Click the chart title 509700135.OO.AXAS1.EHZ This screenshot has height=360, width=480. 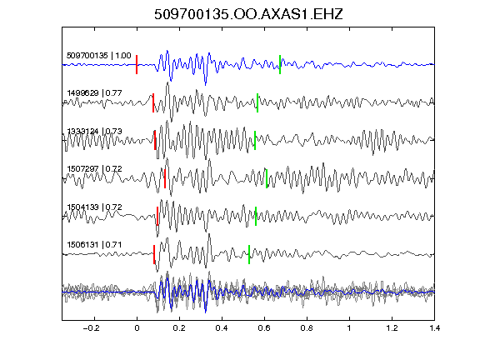pyautogui.click(x=248, y=14)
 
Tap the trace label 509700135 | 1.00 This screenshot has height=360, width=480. pyautogui.click(x=99, y=56)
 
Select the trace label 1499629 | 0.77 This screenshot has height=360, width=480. pyautogui.click(x=95, y=93)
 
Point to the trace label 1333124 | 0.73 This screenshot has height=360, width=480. pyautogui.click(x=95, y=132)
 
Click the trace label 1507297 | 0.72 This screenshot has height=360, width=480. pyautogui.click(x=95, y=169)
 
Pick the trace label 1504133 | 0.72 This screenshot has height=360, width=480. pyautogui.click(x=95, y=207)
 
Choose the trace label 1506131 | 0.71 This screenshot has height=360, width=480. pyautogui.click(x=95, y=245)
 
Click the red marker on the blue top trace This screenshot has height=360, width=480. pyautogui.click(x=137, y=65)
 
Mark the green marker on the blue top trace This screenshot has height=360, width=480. pyautogui.click(x=280, y=65)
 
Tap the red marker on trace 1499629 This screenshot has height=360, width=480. pyautogui.click(x=153, y=102)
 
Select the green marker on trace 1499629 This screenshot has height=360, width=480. pyautogui.click(x=257, y=102)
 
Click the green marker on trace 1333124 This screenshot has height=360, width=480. pyautogui.click(x=255, y=141)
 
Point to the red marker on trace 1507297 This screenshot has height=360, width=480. pyautogui.click(x=165, y=179)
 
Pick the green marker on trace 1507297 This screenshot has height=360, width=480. pyautogui.click(x=267, y=179)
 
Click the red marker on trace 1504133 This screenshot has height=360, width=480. pyautogui.click(x=157, y=217)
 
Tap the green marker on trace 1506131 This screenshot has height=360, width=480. pyautogui.click(x=249, y=255)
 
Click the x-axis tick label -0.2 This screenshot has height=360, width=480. pyautogui.click(x=92, y=328)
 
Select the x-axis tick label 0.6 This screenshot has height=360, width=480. pyautogui.click(x=264, y=328)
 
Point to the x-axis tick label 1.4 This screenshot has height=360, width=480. pyautogui.click(x=434, y=328)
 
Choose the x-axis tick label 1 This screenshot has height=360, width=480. pyautogui.click(x=349, y=328)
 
